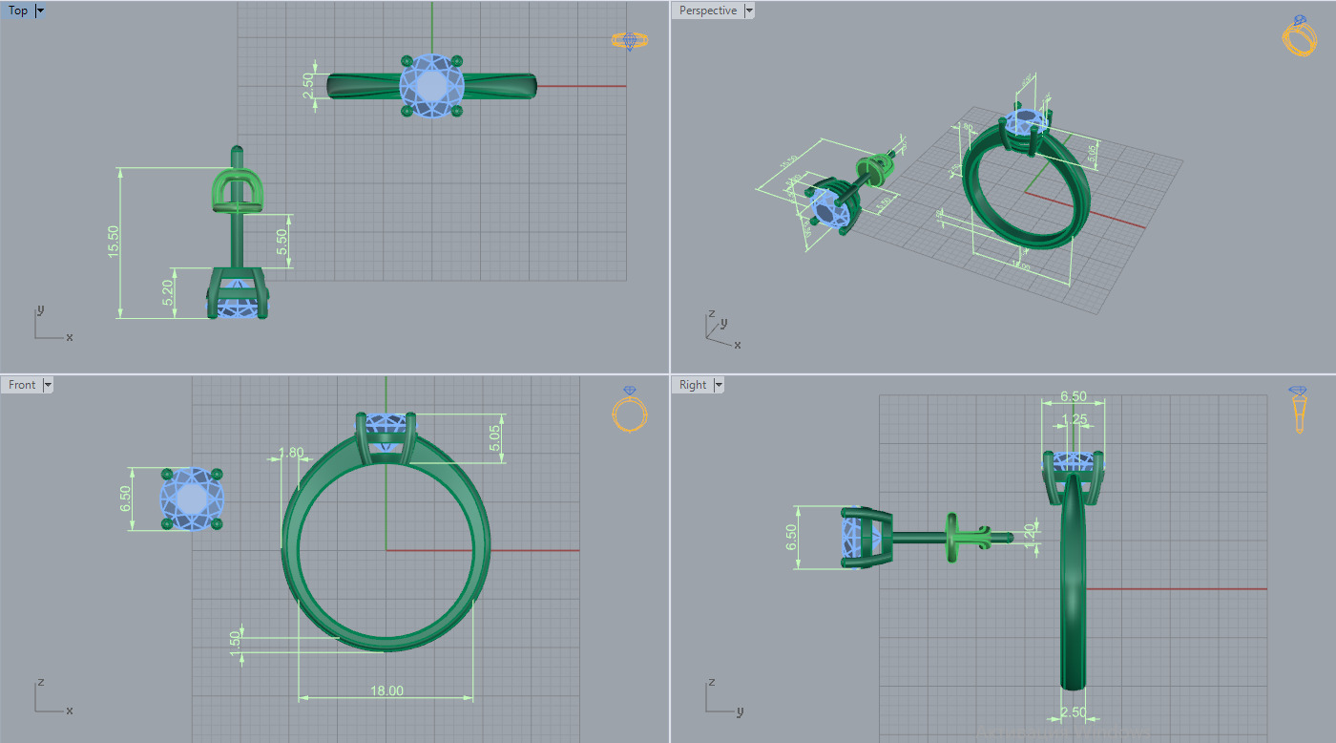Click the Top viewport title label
18,11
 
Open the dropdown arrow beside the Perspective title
748,11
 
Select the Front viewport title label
22,385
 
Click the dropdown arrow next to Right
719,385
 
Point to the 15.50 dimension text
114,243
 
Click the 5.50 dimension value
282,242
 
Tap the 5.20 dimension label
168,292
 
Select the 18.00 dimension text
386,690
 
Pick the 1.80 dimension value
291,453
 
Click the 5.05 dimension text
494,438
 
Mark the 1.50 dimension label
236,639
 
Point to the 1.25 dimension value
1075,418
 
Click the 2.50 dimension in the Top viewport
308,86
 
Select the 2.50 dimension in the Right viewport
1074,712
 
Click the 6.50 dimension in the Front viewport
125,499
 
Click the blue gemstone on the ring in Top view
432,86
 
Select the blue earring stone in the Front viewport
192,499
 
